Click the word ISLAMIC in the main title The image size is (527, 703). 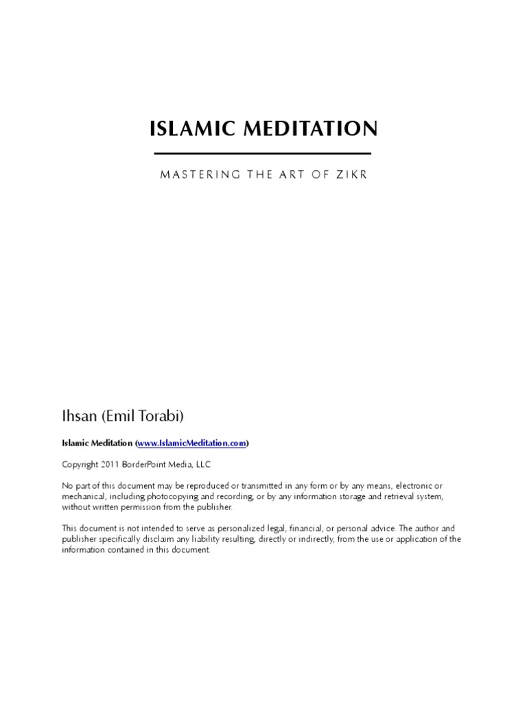click(186, 128)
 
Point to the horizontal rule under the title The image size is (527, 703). click(263, 153)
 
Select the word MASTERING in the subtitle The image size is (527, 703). click(195, 175)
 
